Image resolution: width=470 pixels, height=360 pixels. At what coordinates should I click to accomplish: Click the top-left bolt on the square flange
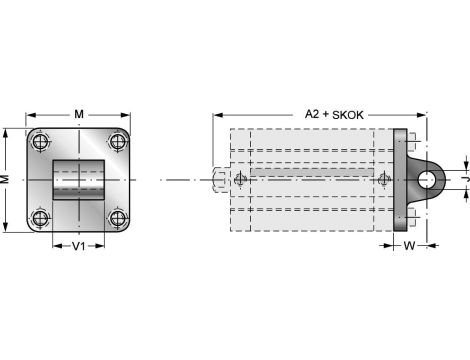point(40,140)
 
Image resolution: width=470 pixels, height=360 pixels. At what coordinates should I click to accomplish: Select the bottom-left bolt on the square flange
point(40,217)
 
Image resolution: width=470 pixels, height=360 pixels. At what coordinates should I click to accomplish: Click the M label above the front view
point(79,113)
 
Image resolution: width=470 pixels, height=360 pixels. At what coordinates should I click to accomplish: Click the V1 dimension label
point(79,246)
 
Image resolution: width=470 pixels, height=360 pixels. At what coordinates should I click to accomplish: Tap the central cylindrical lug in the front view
point(79,179)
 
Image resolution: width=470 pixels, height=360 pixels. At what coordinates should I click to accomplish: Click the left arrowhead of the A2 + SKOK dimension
point(217,115)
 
